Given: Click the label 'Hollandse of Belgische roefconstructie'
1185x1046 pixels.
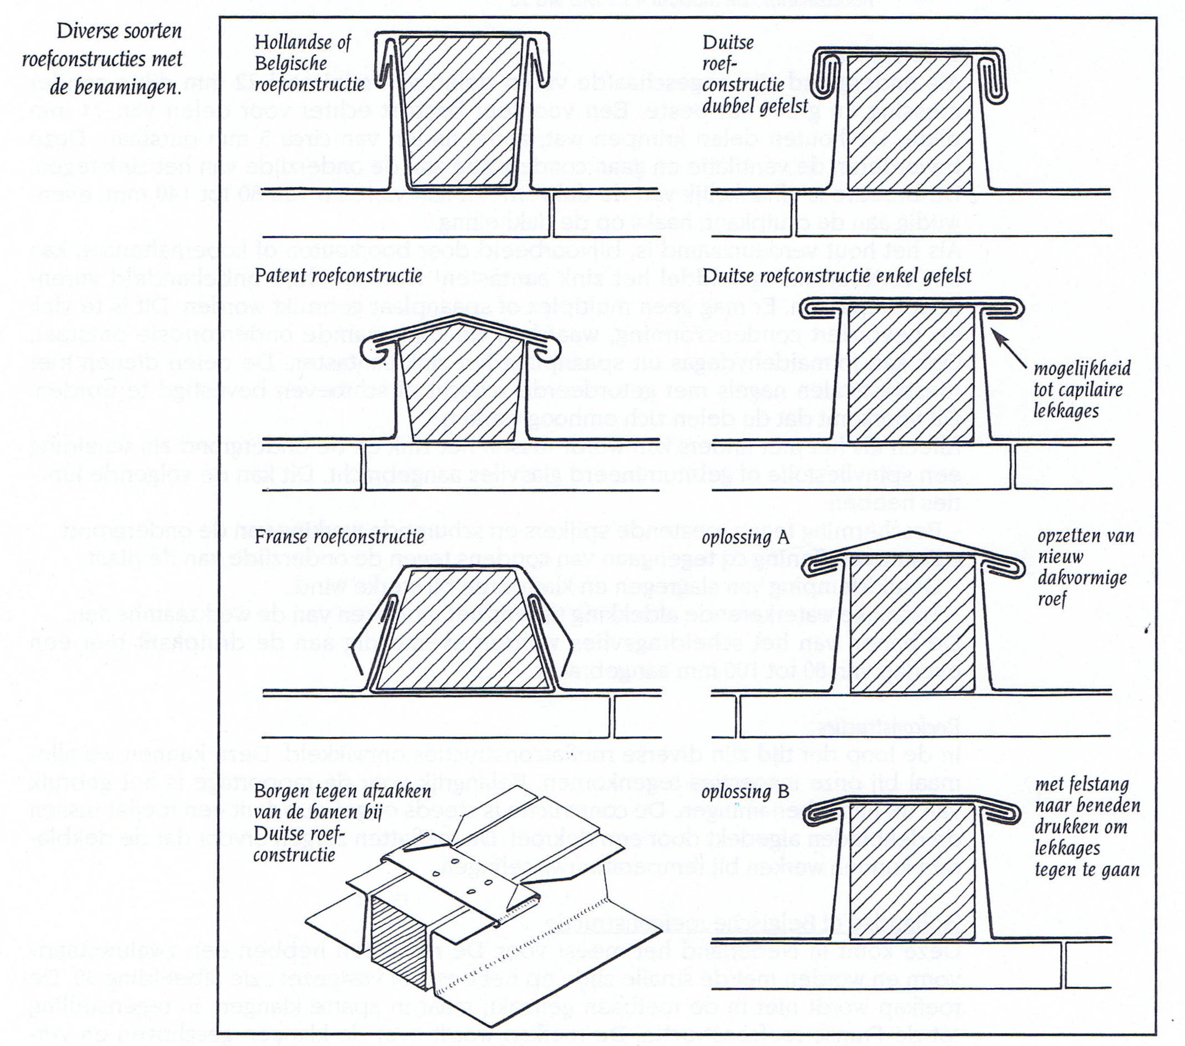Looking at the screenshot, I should tap(310, 63).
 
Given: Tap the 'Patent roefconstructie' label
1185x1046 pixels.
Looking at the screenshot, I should tap(338, 275).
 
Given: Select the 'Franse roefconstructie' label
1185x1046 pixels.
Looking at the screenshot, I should tap(339, 537).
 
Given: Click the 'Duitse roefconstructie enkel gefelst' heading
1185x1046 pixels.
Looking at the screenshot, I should tap(836, 275).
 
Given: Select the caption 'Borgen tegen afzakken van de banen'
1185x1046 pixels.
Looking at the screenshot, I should tap(342, 823).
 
